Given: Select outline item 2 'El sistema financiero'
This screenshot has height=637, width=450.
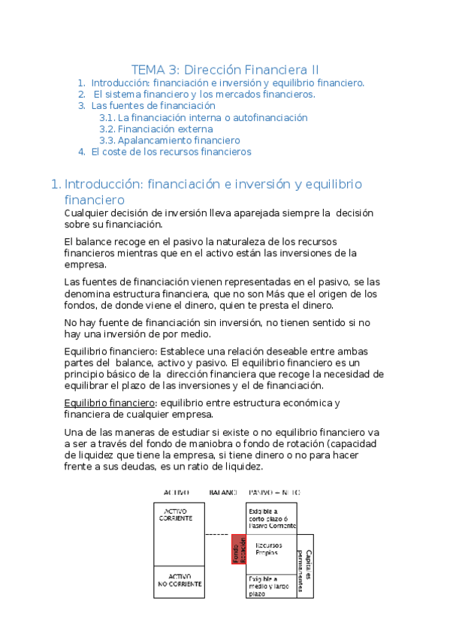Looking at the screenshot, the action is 204,95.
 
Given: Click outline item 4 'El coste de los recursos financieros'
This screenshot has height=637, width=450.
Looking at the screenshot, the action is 171,152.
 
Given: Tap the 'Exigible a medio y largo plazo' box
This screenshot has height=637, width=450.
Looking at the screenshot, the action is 270,585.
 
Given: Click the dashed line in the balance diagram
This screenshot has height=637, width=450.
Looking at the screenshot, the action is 216,535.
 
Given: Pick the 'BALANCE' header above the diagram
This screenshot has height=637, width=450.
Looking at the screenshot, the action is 224,493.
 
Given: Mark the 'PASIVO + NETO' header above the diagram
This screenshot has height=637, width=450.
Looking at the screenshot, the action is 275,493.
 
